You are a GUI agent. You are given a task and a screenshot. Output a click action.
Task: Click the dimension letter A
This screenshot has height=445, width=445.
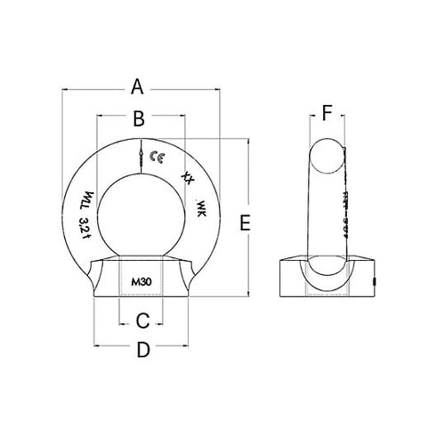(137, 86)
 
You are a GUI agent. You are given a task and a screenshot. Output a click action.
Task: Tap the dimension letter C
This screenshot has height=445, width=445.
(142, 319)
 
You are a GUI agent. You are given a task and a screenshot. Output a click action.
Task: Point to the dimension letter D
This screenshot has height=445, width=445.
(142, 351)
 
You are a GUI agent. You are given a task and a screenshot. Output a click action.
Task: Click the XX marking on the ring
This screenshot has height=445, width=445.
(186, 176)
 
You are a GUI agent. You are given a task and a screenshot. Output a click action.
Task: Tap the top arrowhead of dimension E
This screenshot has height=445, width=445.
(247, 141)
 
